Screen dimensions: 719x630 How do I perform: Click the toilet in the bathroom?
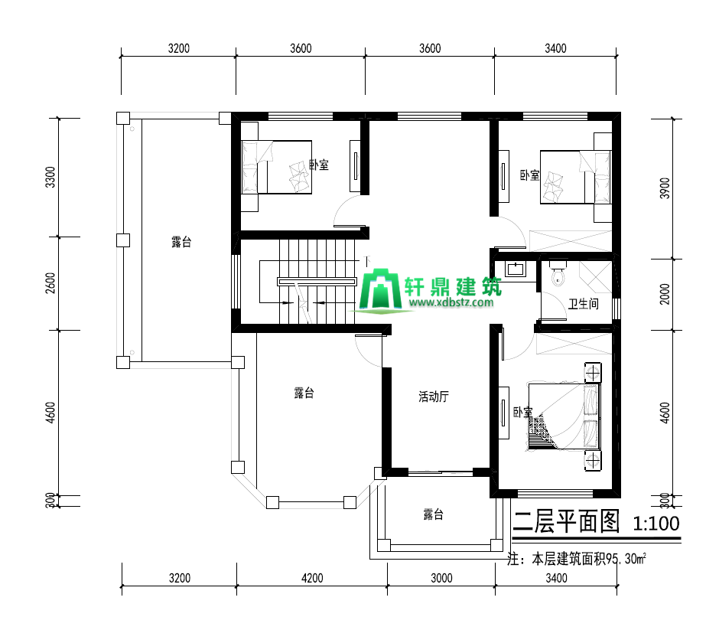tap(558, 274)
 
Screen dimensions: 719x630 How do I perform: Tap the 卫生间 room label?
tap(584, 303)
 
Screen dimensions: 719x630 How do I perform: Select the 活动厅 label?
tap(434, 397)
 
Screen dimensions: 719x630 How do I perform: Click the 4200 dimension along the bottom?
tap(312, 578)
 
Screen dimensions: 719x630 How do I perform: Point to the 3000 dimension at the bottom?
tap(441, 578)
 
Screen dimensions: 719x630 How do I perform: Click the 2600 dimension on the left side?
tap(50, 283)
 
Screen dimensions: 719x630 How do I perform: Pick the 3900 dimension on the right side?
tap(665, 188)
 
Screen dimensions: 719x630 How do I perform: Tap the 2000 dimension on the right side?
tap(665, 294)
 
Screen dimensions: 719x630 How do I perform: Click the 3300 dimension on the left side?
tap(50, 177)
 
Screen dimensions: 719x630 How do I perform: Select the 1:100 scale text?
tap(656, 523)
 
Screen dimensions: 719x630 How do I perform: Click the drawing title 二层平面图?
tap(566, 521)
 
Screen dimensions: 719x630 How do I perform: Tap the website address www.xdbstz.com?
tap(451, 302)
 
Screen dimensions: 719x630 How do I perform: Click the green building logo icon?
tap(380, 289)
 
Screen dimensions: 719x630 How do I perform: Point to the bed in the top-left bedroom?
tap(276, 167)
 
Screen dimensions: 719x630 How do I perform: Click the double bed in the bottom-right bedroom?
tap(564, 416)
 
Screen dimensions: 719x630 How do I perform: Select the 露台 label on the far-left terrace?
tap(181, 242)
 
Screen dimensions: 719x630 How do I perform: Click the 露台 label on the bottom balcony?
tap(433, 514)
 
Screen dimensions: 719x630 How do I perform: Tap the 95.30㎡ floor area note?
tap(626, 559)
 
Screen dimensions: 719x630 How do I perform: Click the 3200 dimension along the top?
tap(178, 48)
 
